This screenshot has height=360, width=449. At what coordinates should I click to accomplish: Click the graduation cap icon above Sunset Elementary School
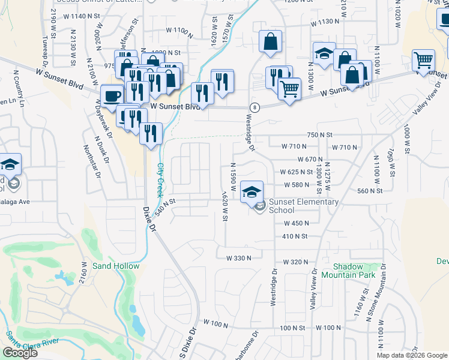coord(252,191)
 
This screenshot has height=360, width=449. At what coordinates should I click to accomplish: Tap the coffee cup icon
coord(112,95)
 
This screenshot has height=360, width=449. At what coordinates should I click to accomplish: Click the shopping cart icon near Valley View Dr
coord(423,61)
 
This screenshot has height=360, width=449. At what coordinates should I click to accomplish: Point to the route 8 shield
coord(256,107)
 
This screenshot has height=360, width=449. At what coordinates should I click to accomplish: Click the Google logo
coord(20,353)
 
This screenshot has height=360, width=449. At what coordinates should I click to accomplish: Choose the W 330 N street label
coord(238,258)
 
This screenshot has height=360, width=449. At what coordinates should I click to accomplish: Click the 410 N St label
coord(295,236)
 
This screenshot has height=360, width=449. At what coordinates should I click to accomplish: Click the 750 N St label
coord(319,135)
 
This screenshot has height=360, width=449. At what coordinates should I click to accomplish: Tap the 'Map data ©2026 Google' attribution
coord(412,355)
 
